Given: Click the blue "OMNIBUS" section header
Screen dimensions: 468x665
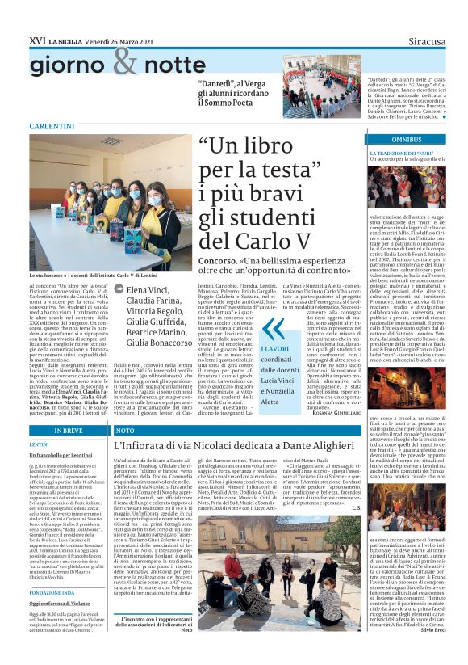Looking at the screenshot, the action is (407, 139).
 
